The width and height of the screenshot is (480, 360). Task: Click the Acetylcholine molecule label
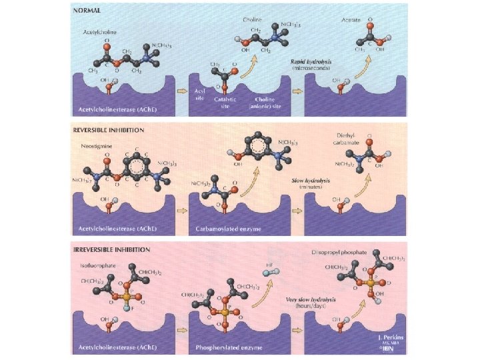(100, 31)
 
